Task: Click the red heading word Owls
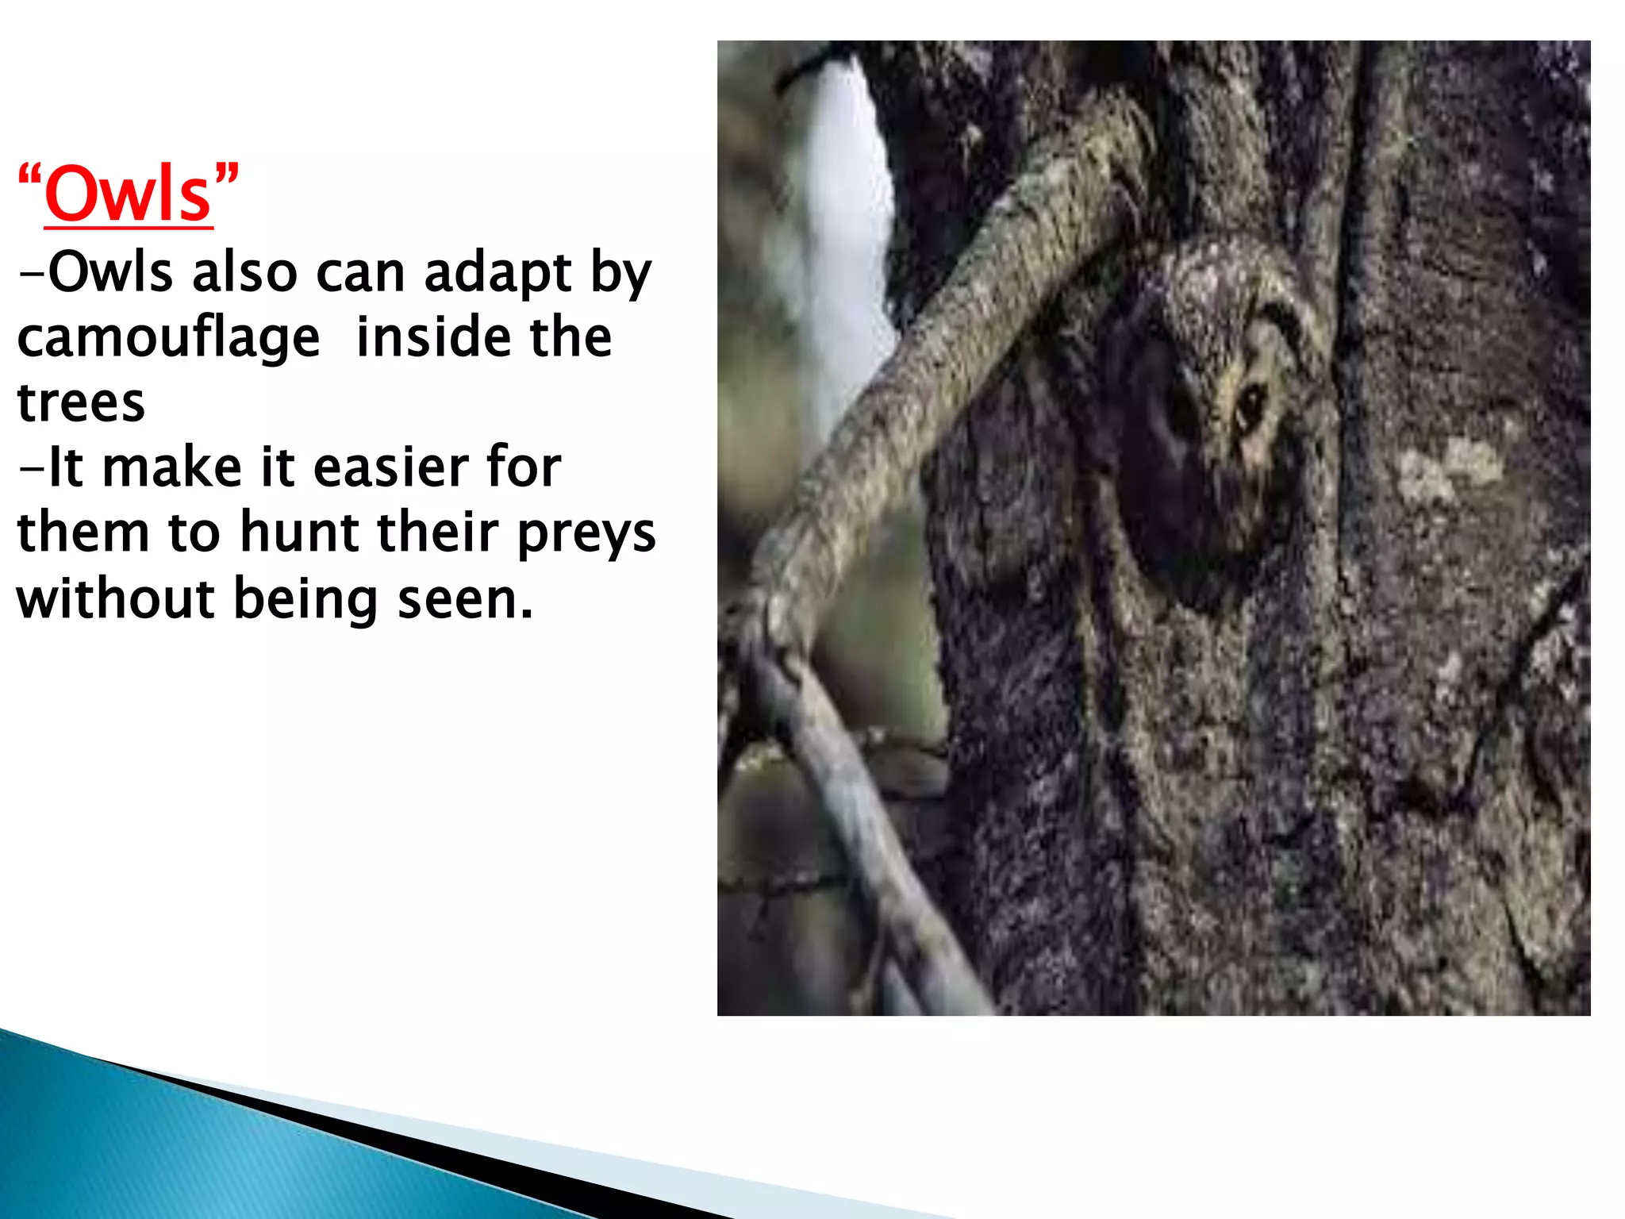coord(129,195)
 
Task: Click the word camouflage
coord(168,338)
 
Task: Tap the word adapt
coord(498,273)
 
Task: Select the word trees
coord(81,403)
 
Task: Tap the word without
coord(115,599)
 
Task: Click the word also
coord(244,273)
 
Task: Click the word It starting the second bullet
coord(65,468)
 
